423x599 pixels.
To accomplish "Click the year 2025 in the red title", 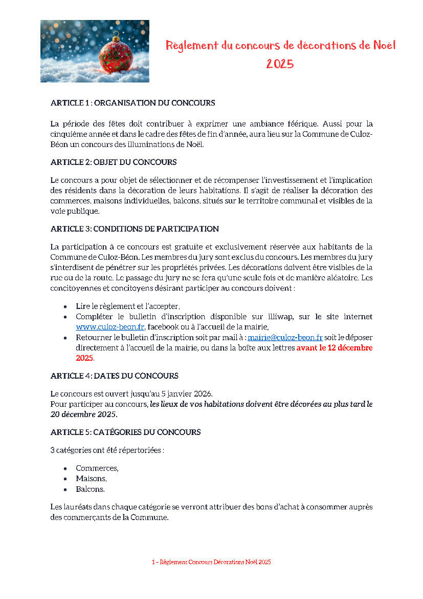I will pyautogui.click(x=280, y=64).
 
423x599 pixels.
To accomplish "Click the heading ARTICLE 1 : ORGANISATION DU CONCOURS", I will pyautogui.click(x=132, y=103).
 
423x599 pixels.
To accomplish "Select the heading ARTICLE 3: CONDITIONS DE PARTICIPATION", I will pyautogui.click(x=135, y=229).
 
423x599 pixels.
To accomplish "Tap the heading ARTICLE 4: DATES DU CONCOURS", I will pyautogui.click(x=114, y=376).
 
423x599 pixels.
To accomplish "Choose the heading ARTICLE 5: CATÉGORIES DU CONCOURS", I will pyautogui.click(x=125, y=432).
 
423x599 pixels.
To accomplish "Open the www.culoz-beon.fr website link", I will pyautogui.click(x=110, y=327).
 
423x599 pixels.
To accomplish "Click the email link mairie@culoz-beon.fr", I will pyautogui.click(x=285, y=337).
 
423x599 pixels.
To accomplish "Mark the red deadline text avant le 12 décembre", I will pyautogui.click(x=334, y=347).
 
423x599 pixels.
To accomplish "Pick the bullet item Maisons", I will pyautogui.click(x=91, y=479).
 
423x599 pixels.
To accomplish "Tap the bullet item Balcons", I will pyautogui.click(x=90, y=489).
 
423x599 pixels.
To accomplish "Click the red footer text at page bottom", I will pyautogui.click(x=211, y=562).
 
